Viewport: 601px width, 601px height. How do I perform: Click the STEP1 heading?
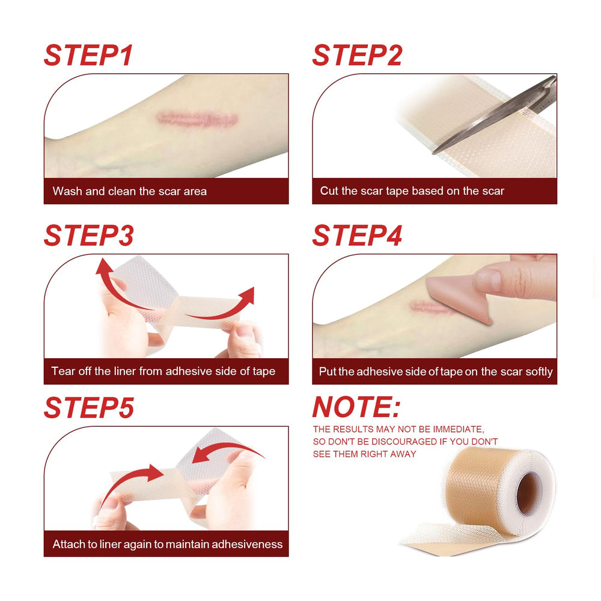coord(88,55)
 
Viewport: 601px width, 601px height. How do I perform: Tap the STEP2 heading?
coord(357,55)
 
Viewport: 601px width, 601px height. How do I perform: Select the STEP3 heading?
coord(89,236)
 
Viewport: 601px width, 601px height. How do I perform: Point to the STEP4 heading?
coord(357,236)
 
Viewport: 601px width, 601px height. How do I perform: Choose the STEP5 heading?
coord(89,407)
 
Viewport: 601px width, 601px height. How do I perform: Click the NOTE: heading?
coord(356,407)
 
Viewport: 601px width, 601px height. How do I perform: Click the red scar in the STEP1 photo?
coord(197,119)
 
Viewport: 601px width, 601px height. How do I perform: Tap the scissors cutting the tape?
coord(495,115)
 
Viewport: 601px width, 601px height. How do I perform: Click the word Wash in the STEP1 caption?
coord(67,191)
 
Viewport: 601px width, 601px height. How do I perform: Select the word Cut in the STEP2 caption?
coord(329,191)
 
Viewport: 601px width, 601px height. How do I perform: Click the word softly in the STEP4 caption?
coord(539,371)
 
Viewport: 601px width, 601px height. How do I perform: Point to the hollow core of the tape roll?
coord(528,493)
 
